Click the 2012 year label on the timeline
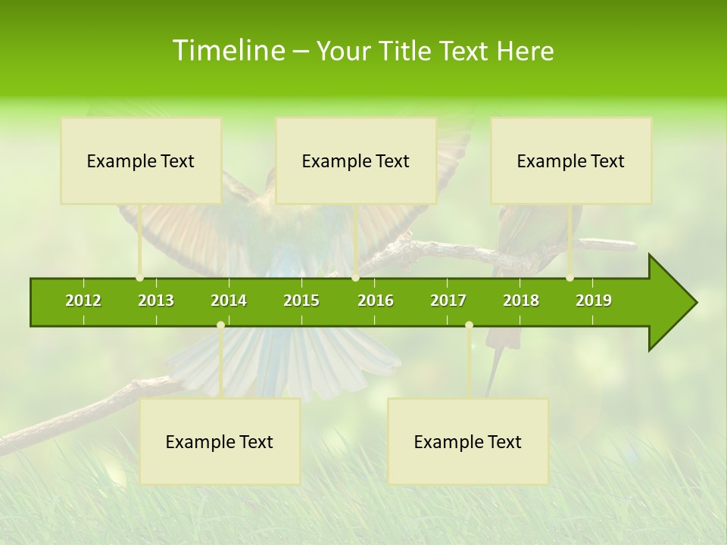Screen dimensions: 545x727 tap(83, 301)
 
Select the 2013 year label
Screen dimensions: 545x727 tap(156, 301)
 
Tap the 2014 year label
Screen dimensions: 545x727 tap(229, 301)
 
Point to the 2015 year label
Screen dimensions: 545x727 tap(301, 301)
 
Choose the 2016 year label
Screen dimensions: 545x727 tap(376, 301)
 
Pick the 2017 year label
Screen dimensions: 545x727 tap(448, 301)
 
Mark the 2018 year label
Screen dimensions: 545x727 tap(521, 301)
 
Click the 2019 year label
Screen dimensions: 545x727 tap(594, 301)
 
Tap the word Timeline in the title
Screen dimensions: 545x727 tap(227, 51)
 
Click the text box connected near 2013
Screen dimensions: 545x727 tap(141, 160)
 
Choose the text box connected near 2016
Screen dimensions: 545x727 tap(356, 160)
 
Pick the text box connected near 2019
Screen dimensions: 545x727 tap(571, 160)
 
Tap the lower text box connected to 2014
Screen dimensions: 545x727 tap(220, 441)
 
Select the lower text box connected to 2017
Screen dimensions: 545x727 tap(468, 441)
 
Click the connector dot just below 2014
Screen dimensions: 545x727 tap(220, 325)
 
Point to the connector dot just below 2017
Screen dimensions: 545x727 tap(469, 325)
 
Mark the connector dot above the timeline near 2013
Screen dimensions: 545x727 tap(139, 278)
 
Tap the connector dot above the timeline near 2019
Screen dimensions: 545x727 tap(569, 278)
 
